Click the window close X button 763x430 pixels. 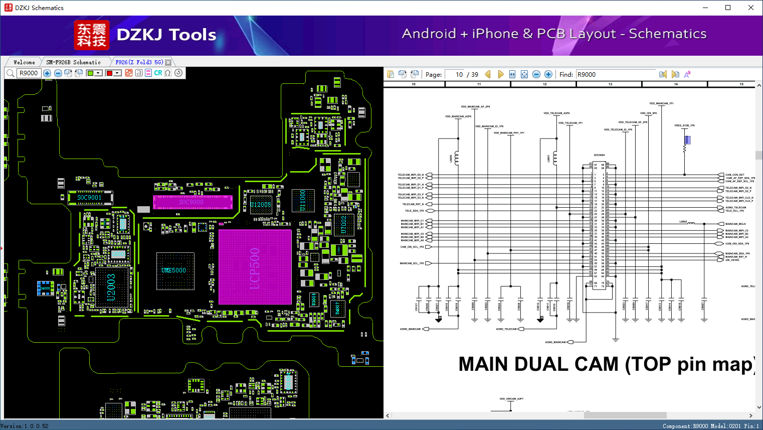tap(750, 8)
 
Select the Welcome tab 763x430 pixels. tap(24, 62)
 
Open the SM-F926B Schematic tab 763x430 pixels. tap(73, 62)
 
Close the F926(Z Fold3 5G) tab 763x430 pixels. tap(168, 62)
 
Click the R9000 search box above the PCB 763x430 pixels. tap(29, 73)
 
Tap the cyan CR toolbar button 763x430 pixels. tap(158, 73)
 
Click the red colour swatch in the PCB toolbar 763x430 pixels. tap(109, 73)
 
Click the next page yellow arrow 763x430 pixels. tap(500, 74)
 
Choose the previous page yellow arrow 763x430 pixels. tap(488, 74)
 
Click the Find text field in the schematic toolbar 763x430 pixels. tap(616, 74)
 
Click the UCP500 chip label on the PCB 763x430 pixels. tap(255, 268)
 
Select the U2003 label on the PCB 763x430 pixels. tap(111, 288)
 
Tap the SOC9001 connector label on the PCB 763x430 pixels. tap(89, 198)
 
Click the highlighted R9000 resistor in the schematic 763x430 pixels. tap(687, 140)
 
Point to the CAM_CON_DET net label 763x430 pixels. tap(734, 175)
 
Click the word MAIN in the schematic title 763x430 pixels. tap(487, 364)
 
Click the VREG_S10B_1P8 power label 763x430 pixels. tap(684, 125)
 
